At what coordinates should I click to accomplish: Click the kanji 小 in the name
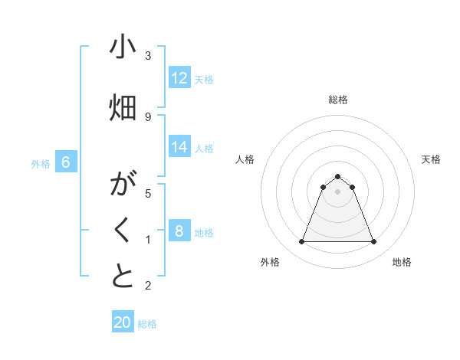tap(123, 47)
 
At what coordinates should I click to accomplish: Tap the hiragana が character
tap(123, 185)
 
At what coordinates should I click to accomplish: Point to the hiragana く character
tap(123, 231)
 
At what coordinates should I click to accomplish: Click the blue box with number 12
tap(179, 78)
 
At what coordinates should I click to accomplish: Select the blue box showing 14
tap(179, 147)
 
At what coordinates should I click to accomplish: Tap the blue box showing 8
tap(179, 231)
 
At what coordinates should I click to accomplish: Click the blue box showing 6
tap(67, 162)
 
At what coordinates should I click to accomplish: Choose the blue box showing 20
tap(123, 322)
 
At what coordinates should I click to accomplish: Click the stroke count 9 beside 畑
tap(148, 116)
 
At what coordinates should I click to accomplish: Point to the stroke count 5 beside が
tap(148, 193)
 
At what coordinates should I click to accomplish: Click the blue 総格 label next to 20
tap(147, 324)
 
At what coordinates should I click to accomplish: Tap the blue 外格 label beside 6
tap(41, 163)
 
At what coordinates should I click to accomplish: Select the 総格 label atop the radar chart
tap(338, 100)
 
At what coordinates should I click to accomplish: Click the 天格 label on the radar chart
tap(432, 159)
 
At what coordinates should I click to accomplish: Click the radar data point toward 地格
tap(373, 242)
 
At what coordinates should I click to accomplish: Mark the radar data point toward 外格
tap(301, 242)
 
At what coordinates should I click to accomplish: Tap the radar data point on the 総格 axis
tap(337, 176)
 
